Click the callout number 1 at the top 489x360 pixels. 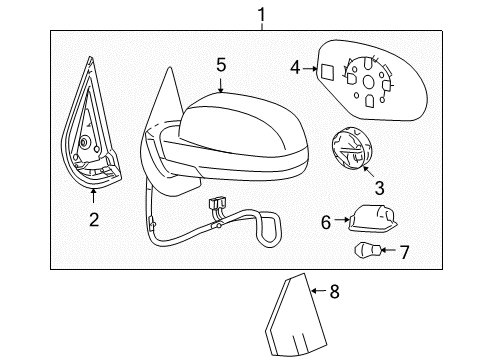[x=262, y=15]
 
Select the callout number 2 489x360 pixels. [x=94, y=220]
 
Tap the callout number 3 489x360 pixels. [x=380, y=188]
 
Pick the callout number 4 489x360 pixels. [x=295, y=68]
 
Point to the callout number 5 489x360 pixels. [x=221, y=65]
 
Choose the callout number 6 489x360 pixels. [x=326, y=222]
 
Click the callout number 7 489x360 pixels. [x=404, y=252]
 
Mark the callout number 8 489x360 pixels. [x=334, y=291]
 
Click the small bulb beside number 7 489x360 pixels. [x=367, y=250]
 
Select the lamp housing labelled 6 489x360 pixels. [x=372, y=218]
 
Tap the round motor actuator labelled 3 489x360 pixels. [x=351, y=148]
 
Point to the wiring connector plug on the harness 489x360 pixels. [x=216, y=203]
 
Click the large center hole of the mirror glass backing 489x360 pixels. [x=368, y=82]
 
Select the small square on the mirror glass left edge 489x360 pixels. [x=326, y=71]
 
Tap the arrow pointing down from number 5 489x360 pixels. [x=220, y=85]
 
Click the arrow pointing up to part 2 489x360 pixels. [x=93, y=195]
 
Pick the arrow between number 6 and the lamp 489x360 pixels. [x=342, y=220]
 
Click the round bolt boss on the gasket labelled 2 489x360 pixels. [x=83, y=142]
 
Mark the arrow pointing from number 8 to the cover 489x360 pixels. [x=319, y=291]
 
